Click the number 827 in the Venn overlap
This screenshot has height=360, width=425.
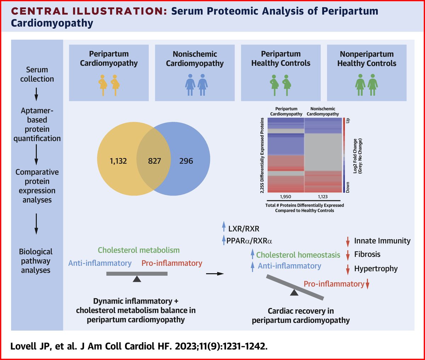[x=154, y=161]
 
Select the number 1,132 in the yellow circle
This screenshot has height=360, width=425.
[x=119, y=161]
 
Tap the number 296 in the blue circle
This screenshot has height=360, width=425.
[x=186, y=161]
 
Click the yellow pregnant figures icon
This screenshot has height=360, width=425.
[x=109, y=85]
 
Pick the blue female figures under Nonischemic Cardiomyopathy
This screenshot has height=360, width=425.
[x=196, y=85]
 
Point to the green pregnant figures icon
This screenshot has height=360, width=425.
[x=280, y=85]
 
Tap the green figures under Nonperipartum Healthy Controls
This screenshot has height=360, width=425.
[x=367, y=85]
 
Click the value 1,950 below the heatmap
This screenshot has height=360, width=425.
[x=286, y=196]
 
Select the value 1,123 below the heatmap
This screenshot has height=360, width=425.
[x=323, y=196]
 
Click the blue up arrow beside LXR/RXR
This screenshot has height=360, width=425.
[x=223, y=227]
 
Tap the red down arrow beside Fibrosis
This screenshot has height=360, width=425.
[x=348, y=255]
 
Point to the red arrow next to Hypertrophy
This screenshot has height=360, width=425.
[x=348, y=269]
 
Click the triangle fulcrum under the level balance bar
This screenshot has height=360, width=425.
[x=137, y=279]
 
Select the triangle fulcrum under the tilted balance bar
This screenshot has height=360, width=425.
[x=294, y=292]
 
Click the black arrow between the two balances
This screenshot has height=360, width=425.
[x=215, y=274]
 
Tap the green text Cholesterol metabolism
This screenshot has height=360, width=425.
[x=138, y=250]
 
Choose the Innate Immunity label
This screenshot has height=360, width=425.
[x=382, y=241]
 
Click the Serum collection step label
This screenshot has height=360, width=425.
[x=37, y=74]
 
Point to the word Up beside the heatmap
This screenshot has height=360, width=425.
[x=347, y=121]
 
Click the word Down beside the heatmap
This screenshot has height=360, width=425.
[x=347, y=187]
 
